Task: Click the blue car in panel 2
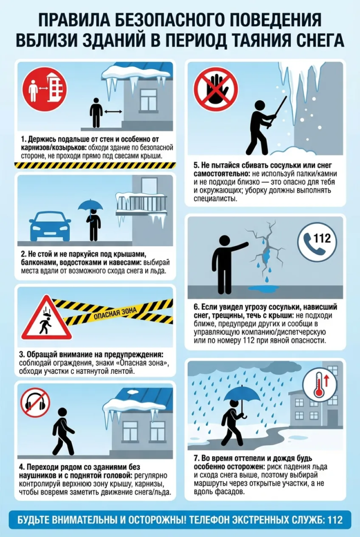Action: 50,226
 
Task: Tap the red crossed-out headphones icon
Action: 35,403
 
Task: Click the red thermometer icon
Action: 320,384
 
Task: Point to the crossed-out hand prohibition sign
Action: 216,89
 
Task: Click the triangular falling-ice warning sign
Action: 46,318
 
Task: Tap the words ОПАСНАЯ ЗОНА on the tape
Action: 115,314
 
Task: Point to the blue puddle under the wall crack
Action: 263,289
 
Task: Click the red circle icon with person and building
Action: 45,89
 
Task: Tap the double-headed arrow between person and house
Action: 113,112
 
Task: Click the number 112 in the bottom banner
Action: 335,520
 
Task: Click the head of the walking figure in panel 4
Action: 62,413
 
